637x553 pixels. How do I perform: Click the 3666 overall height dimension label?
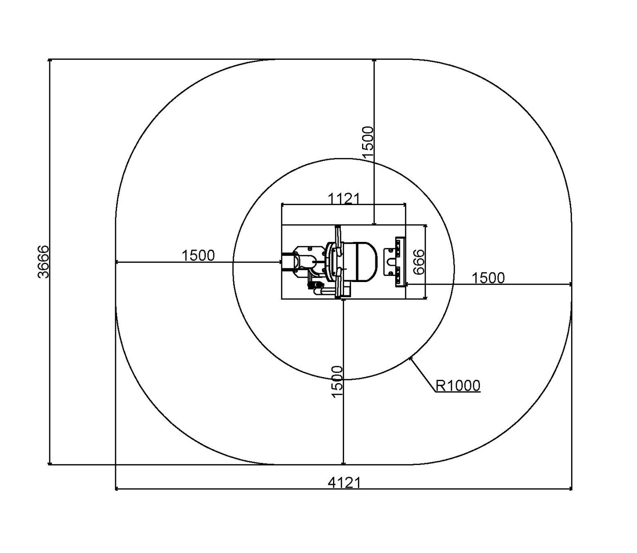tap(43, 262)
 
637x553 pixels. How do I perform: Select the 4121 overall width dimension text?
tap(345, 483)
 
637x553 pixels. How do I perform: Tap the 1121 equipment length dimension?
tap(344, 198)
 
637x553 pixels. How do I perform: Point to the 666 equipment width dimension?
tap(419, 262)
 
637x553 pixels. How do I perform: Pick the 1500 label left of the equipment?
tap(198, 255)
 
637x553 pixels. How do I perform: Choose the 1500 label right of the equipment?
tap(488, 278)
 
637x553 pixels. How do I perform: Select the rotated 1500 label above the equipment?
tap(368, 142)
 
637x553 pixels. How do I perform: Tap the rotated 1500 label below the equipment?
tap(337, 382)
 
